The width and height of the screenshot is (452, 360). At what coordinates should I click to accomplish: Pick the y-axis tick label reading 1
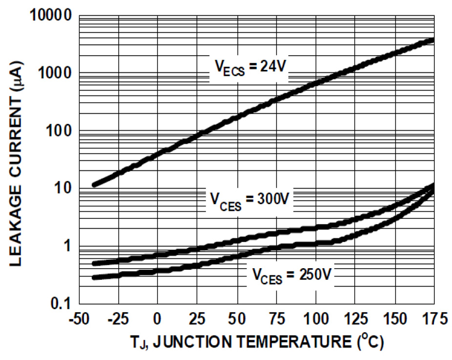[x=68, y=246]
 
